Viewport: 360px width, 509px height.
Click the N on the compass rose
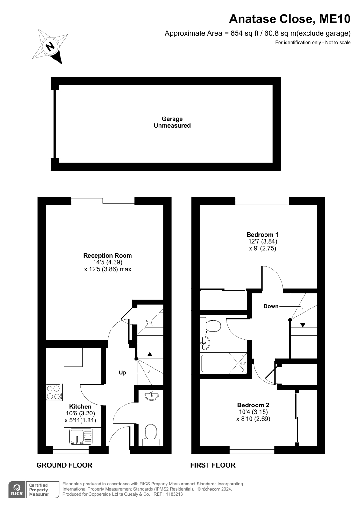pyautogui.click(x=51, y=46)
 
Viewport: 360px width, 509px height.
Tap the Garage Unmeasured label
pyautogui.click(x=172, y=122)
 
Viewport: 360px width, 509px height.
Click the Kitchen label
pyautogui.click(x=80, y=406)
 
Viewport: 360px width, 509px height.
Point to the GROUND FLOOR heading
pyautogui.click(x=64, y=465)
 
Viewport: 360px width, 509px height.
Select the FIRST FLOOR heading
pyautogui.click(x=213, y=465)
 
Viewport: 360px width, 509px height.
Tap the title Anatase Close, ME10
pyautogui.click(x=290, y=19)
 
